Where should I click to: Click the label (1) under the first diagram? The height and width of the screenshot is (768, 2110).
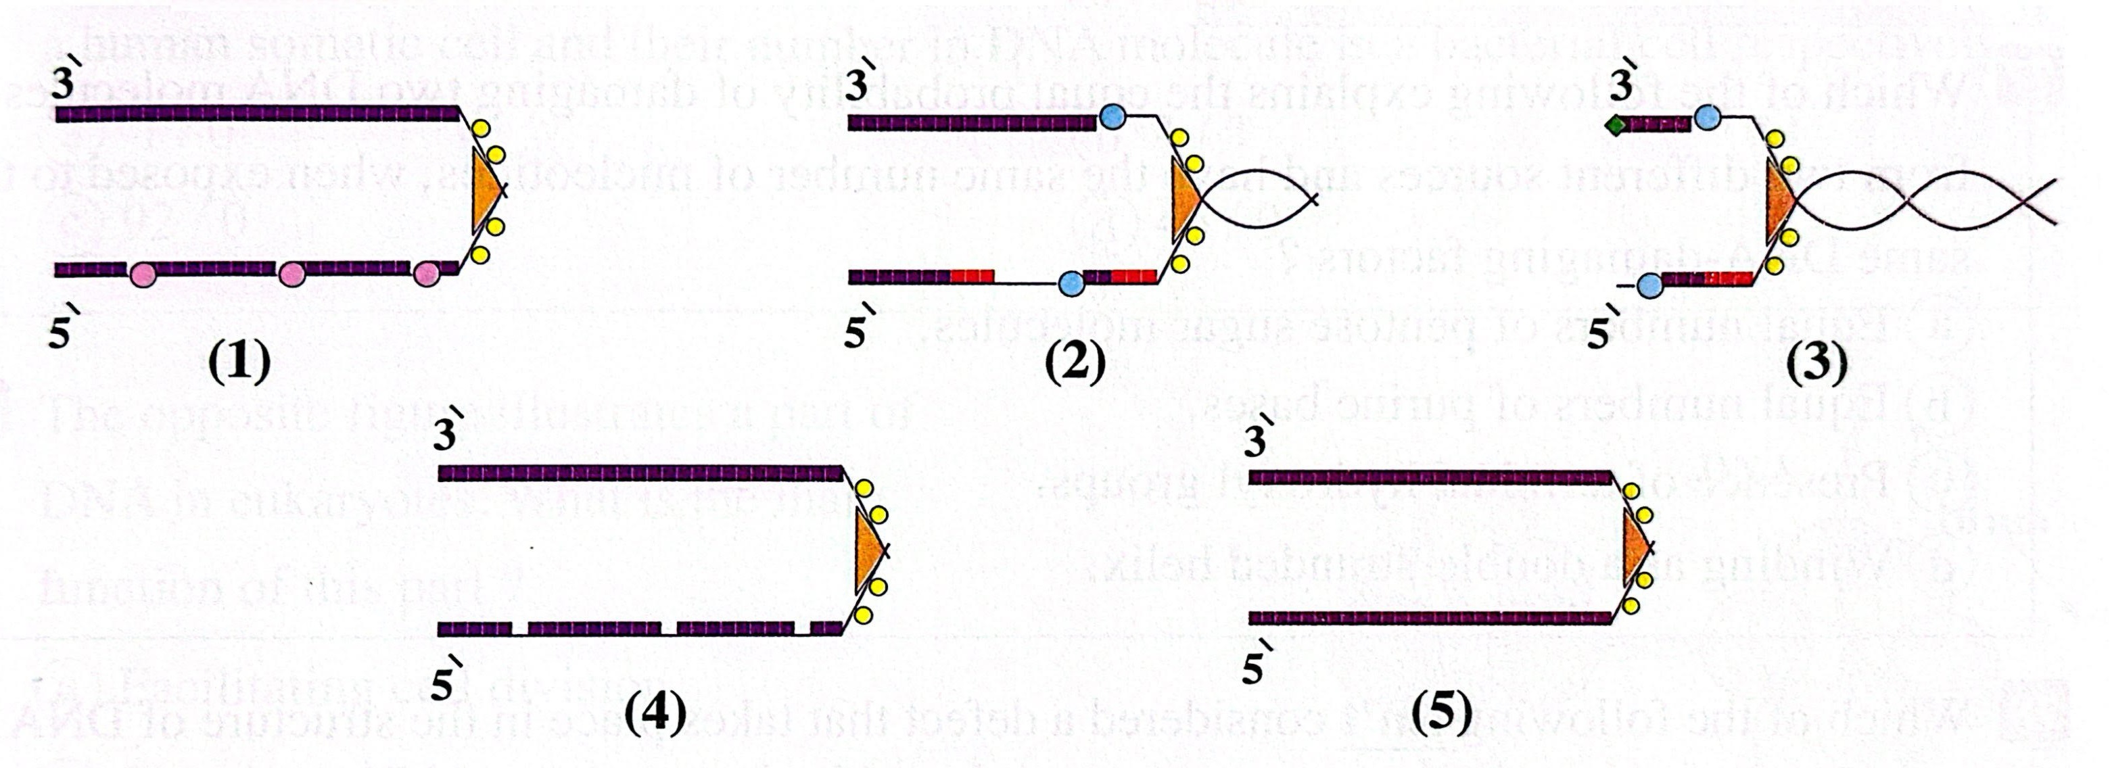coord(238,363)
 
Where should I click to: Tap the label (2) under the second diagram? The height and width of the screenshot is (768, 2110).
coord(1075,363)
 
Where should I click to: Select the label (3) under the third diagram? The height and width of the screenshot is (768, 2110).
coord(1816,363)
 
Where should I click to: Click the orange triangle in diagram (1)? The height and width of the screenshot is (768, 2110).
coord(486,189)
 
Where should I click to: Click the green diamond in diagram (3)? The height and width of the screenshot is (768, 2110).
coord(1615,126)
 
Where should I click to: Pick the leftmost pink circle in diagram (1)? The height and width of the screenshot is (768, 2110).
coord(143,274)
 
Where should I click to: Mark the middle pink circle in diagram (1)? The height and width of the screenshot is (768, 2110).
coord(291,274)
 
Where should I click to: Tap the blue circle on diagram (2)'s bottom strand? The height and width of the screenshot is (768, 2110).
coord(1071,284)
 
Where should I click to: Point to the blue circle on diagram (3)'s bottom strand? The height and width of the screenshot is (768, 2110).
coord(1649,285)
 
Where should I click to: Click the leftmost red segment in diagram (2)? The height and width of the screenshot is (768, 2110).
coord(972,277)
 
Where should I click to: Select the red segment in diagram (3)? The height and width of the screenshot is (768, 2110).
coord(1727,279)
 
